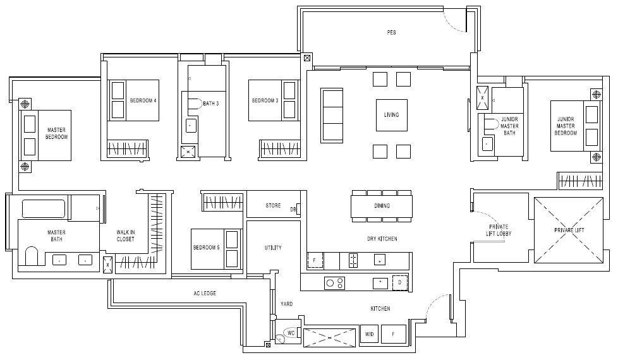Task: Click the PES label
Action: point(391,32)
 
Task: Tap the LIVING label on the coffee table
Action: point(391,114)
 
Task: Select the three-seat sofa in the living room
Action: point(332,116)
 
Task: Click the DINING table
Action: point(382,206)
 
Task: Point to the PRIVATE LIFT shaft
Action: point(568,230)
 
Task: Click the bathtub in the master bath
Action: point(44,209)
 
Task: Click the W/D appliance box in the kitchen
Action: point(369,334)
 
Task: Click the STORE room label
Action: point(273,206)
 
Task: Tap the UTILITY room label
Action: point(273,248)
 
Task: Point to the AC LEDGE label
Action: point(205,294)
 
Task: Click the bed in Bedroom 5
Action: point(216,249)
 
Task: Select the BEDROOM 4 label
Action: point(143,100)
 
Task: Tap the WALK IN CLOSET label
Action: point(125,236)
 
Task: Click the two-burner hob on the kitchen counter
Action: point(335,283)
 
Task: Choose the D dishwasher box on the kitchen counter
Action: point(400,282)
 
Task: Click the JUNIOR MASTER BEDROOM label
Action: point(566,126)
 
